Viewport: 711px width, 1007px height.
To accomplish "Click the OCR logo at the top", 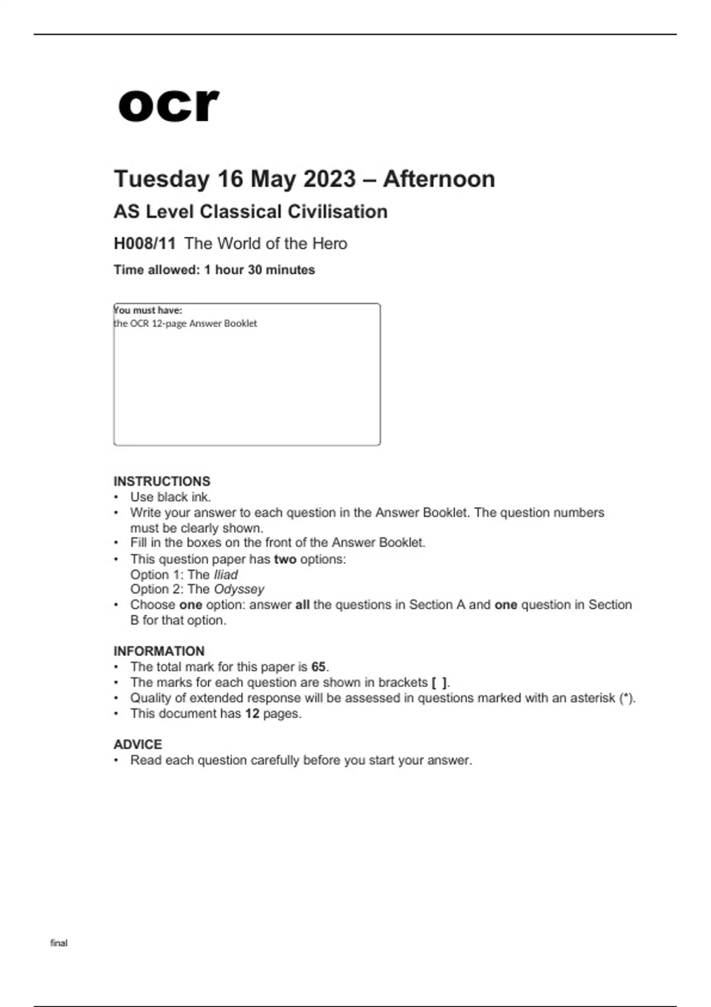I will pyautogui.click(x=168, y=105).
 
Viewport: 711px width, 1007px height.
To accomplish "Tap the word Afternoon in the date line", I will pyautogui.click(x=439, y=179).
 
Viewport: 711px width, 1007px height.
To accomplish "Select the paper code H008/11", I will pyautogui.click(x=145, y=243).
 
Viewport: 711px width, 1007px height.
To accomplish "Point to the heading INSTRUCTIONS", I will pyautogui.click(x=162, y=481).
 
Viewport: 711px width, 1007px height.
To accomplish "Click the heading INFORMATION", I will pyautogui.click(x=159, y=651).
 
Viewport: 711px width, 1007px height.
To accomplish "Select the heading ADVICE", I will pyautogui.click(x=137, y=744).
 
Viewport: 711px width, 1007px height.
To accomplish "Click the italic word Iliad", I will pyautogui.click(x=225, y=575).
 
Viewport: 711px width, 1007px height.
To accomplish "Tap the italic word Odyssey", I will pyautogui.click(x=239, y=589).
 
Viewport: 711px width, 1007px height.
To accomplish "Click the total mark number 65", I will pyautogui.click(x=318, y=666).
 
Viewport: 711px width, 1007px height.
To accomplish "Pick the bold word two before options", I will pyautogui.click(x=285, y=559).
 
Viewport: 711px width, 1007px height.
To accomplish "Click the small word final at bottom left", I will pyautogui.click(x=59, y=943).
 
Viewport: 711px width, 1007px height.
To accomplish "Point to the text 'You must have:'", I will pyautogui.click(x=148, y=310).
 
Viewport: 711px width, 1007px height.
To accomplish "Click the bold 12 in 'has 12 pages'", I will pyautogui.click(x=252, y=713).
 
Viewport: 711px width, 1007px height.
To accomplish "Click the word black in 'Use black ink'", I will pyautogui.click(x=173, y=497).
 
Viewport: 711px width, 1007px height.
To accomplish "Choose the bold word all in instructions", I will pyautogui.click(x=302, y=605).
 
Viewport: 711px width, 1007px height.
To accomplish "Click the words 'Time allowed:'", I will pyautogui.click(x=156, y=270).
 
